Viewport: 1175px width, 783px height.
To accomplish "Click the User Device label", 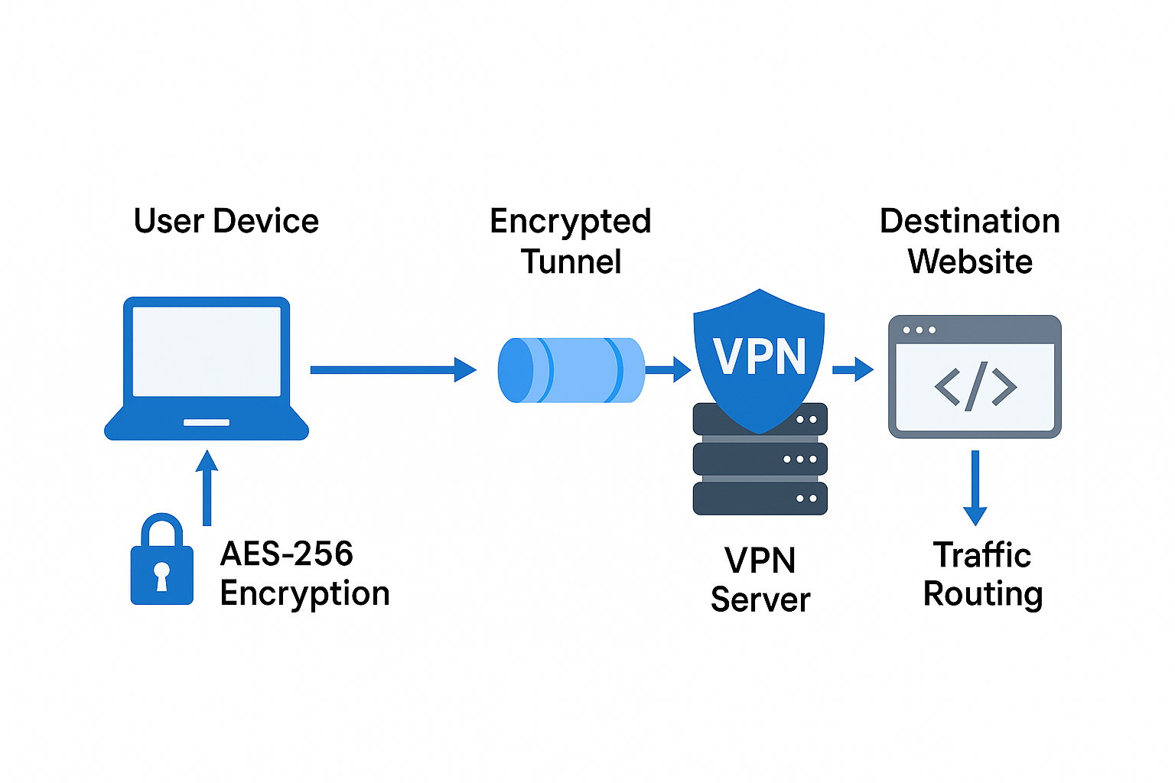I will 226,222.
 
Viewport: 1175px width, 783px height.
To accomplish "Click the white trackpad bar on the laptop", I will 207,422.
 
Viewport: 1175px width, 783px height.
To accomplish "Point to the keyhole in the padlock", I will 161,574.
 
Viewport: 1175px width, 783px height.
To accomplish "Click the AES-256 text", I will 286,554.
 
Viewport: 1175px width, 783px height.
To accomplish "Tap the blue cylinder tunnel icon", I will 571,370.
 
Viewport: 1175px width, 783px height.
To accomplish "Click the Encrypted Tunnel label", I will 571,241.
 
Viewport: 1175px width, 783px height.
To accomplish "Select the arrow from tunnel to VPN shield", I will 668,369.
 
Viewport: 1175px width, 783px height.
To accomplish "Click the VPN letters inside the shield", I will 759,356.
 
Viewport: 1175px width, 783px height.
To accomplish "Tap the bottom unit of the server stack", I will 760,498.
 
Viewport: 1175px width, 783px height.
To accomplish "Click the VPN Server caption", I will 760,580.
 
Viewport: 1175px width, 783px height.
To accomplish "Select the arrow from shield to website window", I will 852,369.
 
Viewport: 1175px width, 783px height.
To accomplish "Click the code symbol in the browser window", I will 975,386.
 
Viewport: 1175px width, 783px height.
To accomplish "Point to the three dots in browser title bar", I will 919,330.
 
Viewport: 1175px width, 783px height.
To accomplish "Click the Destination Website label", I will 970,241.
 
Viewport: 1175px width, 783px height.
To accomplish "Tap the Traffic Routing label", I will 982,574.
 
